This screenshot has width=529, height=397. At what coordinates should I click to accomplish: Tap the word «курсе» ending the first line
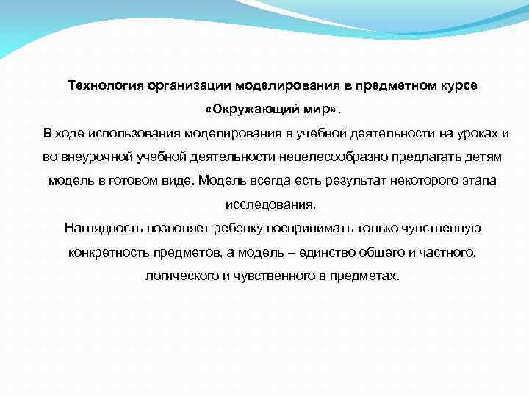[458, 85]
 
